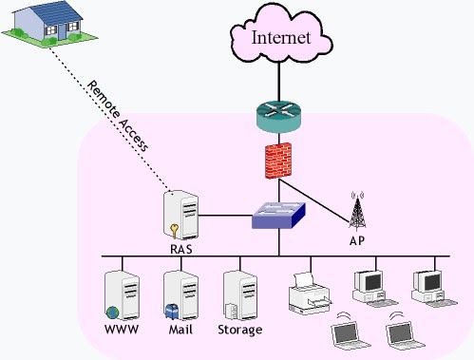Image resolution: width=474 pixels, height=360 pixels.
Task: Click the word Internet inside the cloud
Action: point(281,37)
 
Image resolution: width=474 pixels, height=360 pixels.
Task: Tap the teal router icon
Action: point(278,116)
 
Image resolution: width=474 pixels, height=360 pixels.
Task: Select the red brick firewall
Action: point(278,161)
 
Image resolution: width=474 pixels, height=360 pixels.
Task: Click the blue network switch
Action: point(278,216)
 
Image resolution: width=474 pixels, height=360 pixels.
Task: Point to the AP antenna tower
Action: point(357,211)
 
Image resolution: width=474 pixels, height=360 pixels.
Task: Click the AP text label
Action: point(357,241)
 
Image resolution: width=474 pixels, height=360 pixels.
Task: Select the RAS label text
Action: point(181,249)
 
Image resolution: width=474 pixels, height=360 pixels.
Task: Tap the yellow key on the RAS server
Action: point(174,231)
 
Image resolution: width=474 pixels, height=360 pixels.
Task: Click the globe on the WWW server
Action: point(112,313)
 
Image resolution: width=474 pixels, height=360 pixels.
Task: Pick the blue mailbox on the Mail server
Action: point(172,312)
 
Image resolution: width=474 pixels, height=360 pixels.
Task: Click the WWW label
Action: point(122,330)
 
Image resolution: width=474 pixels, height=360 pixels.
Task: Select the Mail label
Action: point(180,330)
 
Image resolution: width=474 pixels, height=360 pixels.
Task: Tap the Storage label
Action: point(240,331)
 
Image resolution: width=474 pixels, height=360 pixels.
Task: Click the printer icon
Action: point(310,294)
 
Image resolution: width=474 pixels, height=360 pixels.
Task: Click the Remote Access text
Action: point(117,116)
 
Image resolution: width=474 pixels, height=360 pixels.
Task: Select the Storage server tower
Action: point(240,295)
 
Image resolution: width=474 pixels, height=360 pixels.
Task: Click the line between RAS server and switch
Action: point(225,216)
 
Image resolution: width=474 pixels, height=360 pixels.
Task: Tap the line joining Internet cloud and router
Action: point(279,82)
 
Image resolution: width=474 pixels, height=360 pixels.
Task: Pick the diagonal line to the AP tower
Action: point(314,200)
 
